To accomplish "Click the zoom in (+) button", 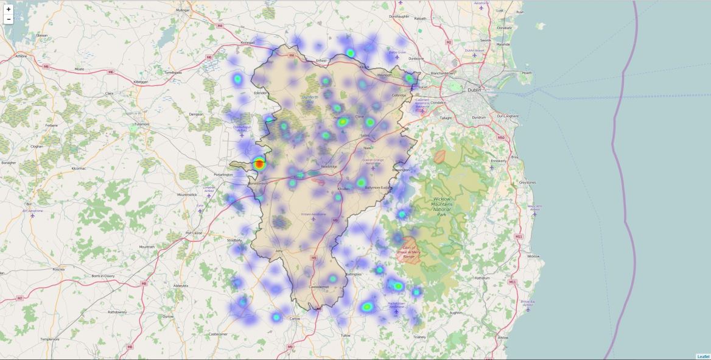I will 9,9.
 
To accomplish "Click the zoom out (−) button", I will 9,19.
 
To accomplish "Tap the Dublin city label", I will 474,90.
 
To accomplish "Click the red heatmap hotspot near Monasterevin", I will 259,163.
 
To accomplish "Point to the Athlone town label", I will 21,56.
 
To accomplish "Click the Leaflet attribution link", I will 703,356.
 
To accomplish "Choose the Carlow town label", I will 295,319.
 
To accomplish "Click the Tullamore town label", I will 141,124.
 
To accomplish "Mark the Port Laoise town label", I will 194,233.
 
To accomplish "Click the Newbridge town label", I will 329,166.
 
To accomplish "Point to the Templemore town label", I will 49,339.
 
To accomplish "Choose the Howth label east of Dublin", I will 527,73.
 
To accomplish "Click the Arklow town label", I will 503,337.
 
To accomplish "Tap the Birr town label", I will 28,204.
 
